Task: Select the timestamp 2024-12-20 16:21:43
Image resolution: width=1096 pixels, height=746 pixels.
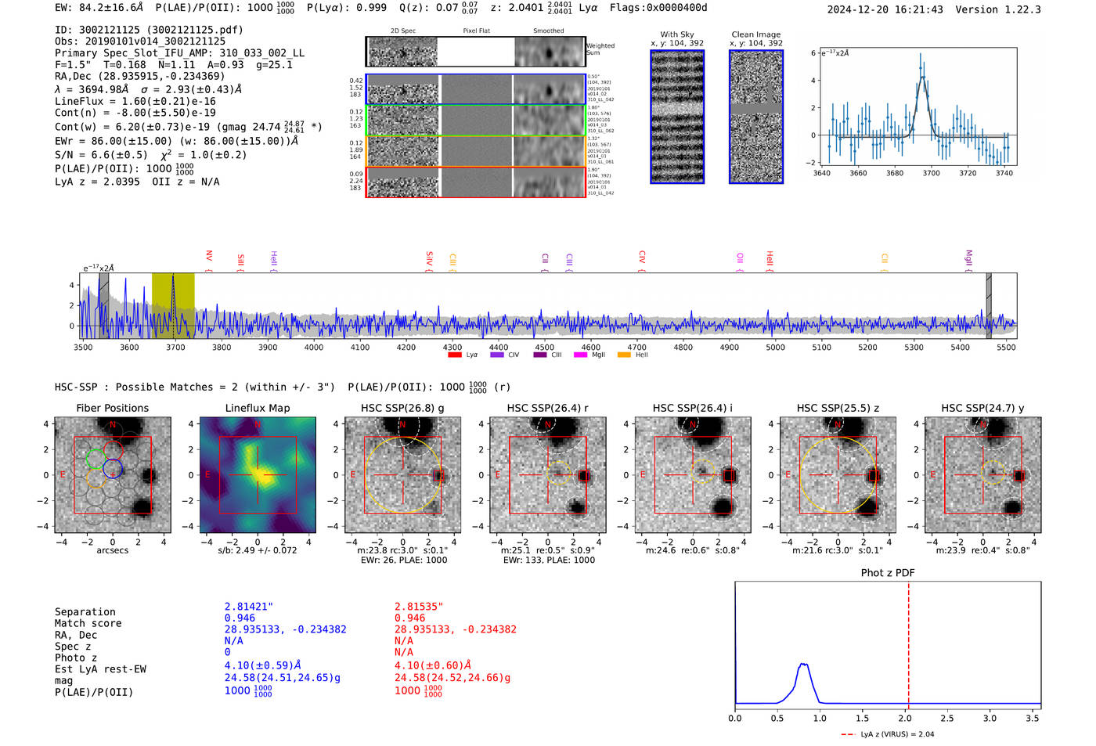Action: coord(885,9)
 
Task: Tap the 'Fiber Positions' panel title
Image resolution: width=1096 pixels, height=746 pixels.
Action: coord(112,408)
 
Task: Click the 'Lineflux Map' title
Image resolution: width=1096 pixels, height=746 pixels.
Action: coord(257,408)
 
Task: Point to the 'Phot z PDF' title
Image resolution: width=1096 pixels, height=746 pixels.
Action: coord(887,573)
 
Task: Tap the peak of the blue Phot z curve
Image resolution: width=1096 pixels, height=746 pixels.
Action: coord(802,665)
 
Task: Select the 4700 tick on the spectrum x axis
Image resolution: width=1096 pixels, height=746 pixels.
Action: coord(636,347)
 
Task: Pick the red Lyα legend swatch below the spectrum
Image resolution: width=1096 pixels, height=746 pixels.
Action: coord(454,355)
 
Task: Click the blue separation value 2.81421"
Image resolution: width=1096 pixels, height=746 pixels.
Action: coord(248,607)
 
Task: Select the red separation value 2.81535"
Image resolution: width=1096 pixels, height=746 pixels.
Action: coord(418,607)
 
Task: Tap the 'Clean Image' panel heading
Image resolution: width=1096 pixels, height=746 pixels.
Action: coord(755,34)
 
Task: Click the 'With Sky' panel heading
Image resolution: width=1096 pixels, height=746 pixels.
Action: coord(676,34)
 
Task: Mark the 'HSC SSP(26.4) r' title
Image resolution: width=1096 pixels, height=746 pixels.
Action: coord(547,408)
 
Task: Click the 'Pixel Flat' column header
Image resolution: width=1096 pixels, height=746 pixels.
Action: coord(476,31)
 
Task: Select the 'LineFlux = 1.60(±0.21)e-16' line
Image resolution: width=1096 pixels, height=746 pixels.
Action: coord(135,101)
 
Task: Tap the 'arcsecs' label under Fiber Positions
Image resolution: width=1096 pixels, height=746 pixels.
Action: coord(112,550)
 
